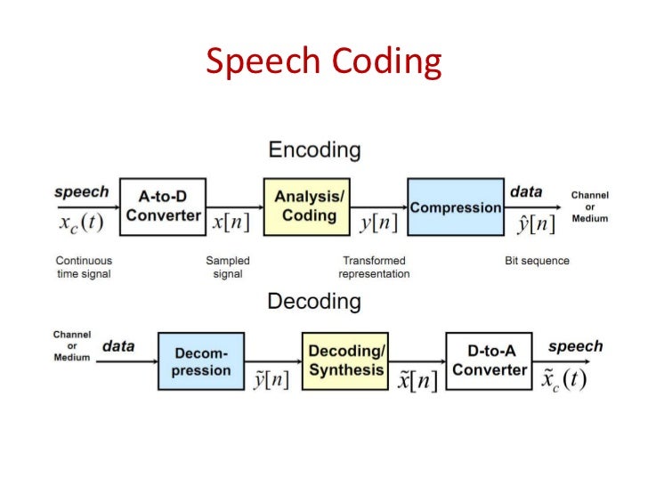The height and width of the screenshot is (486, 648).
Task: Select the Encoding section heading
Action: (x=314, y=150)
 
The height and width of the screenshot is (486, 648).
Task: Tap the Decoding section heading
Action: (x=314, y=302)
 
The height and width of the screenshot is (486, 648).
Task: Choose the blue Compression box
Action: (x=456, y=207)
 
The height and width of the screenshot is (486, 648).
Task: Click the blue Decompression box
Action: (x=201, y=360)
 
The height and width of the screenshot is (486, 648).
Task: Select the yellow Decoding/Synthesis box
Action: (x=345, y=360)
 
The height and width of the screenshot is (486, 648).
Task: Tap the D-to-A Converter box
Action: (x=487, y=360)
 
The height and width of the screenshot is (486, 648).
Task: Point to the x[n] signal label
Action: (x=231, y=223)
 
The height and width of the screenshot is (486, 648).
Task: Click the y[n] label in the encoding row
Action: (x=378, y=223)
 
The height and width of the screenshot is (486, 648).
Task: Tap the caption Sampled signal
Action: (x=228, y=267)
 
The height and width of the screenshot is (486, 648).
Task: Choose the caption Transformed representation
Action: (x=374, y=267)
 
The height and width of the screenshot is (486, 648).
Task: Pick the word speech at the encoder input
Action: (x=81, y=191)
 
